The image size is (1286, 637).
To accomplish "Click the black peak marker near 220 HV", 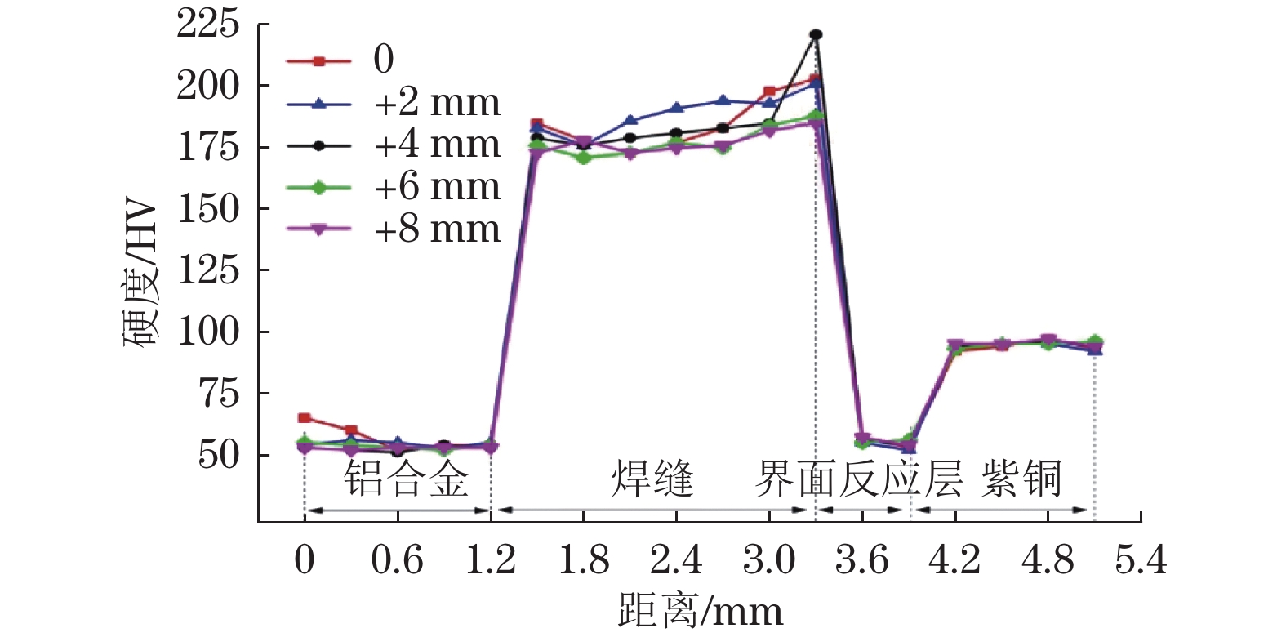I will (x=816, y=35).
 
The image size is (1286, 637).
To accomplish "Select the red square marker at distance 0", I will (x=305, y=418).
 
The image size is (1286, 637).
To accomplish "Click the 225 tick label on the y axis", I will (x=208, y=24).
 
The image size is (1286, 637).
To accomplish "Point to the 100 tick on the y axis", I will (x=208, y=332).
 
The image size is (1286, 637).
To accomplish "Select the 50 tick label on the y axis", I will (x=219, y=455).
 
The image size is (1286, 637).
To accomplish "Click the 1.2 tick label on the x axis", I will (x=490, y=561).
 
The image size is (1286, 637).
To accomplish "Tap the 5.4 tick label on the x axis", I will (x=1141, y=561).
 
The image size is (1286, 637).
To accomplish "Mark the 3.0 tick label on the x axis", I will (x=768, y=561).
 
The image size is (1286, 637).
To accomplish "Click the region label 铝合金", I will (x=406, y=479).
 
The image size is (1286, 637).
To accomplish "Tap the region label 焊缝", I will (x=652, y=479).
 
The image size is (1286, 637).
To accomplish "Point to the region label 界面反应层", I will (x=858, y=479).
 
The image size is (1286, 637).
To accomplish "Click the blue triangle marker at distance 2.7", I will (x=723, y=100).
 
